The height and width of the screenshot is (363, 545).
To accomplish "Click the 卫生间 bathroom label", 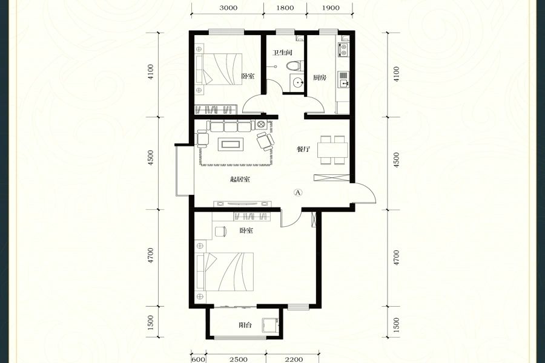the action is (282, 53).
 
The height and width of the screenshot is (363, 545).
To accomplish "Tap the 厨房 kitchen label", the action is (319, 77).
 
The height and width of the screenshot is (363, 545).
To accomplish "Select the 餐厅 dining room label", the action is (303, 149).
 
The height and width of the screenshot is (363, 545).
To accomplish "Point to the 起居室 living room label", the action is (240, 180).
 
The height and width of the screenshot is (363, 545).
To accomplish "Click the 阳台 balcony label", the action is (245, 325).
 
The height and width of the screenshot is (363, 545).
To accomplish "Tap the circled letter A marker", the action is (298, 192).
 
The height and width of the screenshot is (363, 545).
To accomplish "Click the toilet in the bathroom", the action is (294, 65).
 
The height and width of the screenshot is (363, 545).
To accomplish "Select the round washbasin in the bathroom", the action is (297, 82).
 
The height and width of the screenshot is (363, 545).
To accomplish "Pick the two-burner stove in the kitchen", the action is (343, 50).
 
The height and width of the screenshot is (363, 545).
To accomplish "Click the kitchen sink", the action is (343, 80).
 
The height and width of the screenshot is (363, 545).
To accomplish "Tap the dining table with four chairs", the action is (332, 149).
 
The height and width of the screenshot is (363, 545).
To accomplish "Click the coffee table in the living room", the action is (230, 144).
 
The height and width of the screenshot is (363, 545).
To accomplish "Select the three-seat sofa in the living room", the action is (231, 126).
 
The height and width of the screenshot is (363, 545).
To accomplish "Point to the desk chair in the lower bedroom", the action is (221, 231).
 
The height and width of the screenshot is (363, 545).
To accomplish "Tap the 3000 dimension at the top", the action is (228, 8).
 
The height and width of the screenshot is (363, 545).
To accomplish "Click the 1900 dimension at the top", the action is (331, 8).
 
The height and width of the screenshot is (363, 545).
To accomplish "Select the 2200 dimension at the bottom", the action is (294, 359).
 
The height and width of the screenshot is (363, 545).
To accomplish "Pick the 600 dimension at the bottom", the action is (199, 359).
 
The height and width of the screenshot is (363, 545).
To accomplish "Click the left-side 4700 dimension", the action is (150, 256).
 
